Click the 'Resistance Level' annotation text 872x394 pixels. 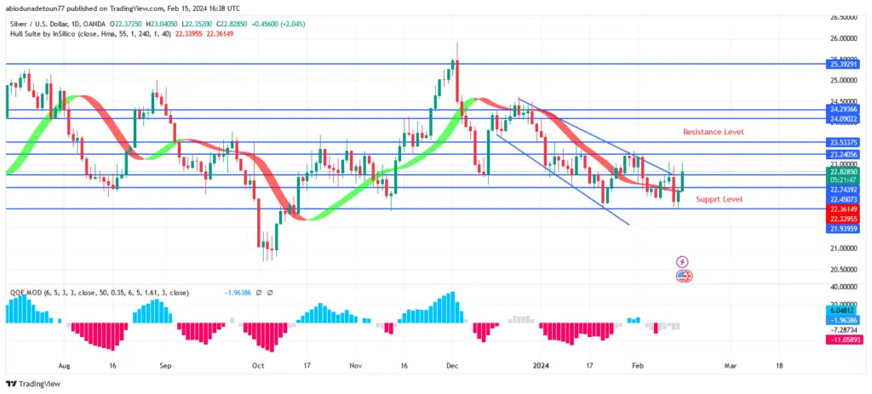coord(713,132)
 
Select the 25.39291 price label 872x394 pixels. coord(838,64)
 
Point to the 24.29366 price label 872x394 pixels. coord(838,110)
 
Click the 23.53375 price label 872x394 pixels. coord(838,142)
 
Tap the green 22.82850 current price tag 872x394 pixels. coord(838,171)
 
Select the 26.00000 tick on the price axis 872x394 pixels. coord(838,38)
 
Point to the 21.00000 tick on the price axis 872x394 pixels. coord(838,248)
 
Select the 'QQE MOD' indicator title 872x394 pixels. coord(26,292)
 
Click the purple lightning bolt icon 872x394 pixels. coord(683,261)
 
